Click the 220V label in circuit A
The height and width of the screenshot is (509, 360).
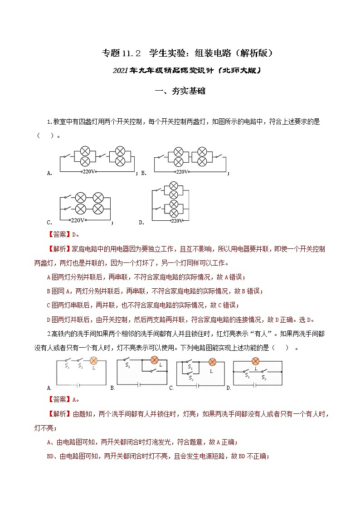click(x=88, y=172)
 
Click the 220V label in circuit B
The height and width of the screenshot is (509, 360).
click(x=182, y=172)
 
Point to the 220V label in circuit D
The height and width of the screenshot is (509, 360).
click(x=177, y=221)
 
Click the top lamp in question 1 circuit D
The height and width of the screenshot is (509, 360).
click(x=173, y=186)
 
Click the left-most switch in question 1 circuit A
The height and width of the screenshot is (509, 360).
click(x=67, y=156)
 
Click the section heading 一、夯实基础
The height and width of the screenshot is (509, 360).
click(x=180, y=91)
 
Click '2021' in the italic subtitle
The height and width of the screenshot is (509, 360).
click(x=120, y=71)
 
